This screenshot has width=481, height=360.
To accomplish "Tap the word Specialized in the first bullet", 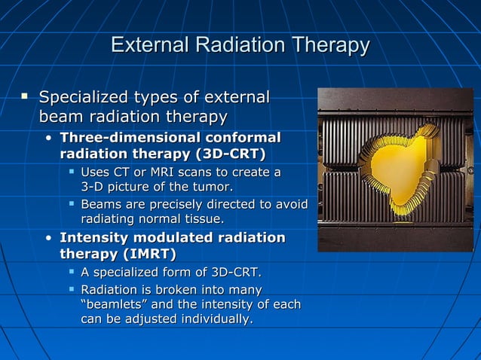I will (x=84, y=98).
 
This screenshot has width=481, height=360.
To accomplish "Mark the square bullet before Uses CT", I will (x=72, y=172).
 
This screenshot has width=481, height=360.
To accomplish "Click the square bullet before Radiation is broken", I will (x=72, y=289).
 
